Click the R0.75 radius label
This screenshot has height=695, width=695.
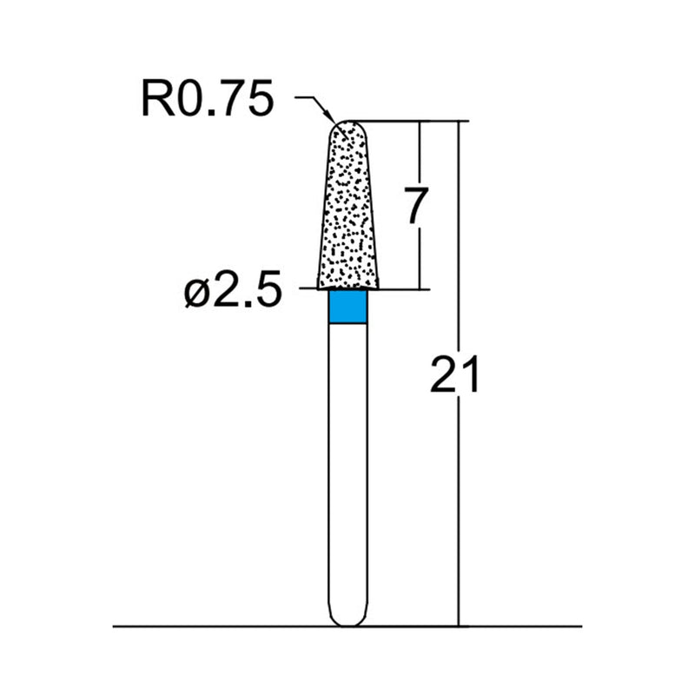click(x=207, y=101)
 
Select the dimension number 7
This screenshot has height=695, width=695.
click(x=415, y=207)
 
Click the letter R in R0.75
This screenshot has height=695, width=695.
click(x=157, y=101)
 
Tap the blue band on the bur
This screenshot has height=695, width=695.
click(x=348, y=307)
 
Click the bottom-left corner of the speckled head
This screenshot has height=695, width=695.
click(x=319, y=288)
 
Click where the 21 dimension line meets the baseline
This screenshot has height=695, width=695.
click(x=458, y=625)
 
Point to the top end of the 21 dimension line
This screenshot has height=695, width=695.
click(x=458, y=121)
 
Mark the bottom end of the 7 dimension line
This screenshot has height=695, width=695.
click(x=420, y=288)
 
